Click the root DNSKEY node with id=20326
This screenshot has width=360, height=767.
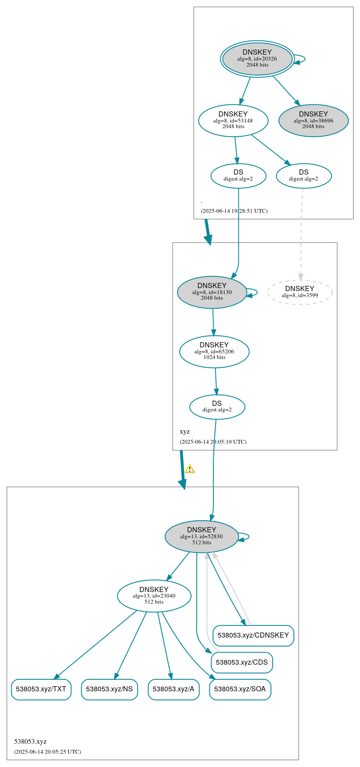257,59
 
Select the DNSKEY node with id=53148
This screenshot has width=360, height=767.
233,120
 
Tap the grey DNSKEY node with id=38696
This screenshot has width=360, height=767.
313,120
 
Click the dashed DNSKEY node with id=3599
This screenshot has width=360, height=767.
300,292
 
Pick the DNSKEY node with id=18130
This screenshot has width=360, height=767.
212,292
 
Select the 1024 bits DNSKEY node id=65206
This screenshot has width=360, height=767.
214,351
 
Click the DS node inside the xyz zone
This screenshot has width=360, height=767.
217,407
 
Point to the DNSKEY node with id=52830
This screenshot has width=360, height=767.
201,536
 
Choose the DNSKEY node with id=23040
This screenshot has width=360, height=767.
154,595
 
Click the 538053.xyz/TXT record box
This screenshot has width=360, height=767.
41,689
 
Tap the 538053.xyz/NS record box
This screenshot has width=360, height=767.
109,689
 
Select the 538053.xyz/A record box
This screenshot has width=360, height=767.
173,689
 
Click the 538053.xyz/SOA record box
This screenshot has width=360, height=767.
240,689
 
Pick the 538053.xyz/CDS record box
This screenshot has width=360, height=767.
242,663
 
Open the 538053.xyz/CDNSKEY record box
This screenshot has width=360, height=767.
253,635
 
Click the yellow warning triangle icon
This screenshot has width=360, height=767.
190,469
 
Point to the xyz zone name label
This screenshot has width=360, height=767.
185,432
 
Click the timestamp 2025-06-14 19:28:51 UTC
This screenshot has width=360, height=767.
234,211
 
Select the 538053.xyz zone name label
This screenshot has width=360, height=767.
30,742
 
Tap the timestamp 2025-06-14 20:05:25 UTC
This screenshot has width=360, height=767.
47,752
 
